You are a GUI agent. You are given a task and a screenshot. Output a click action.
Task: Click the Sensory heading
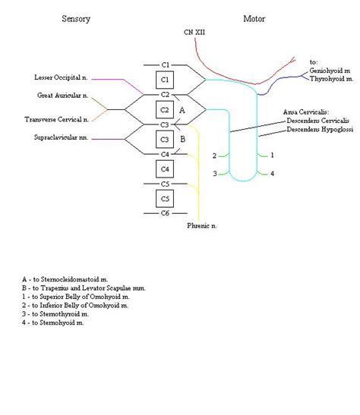coord(77,17)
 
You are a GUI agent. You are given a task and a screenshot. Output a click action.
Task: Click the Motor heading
coord(254,17)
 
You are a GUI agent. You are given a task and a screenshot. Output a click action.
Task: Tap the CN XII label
coord(193,33)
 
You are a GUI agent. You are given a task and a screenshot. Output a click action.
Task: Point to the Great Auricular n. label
coord(63,96)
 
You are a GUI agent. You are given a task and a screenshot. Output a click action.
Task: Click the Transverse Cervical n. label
coord(57,119)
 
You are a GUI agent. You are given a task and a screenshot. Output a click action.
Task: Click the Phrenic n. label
coord(202,225)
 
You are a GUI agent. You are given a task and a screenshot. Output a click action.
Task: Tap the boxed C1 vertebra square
coord(166,80)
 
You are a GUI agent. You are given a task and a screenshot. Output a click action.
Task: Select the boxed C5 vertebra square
coord(166,198)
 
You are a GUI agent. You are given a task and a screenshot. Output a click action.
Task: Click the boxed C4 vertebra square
coord(166,168)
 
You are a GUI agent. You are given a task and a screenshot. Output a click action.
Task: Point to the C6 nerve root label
coord(166,213)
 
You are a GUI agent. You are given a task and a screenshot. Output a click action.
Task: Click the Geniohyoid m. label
coord(332,71)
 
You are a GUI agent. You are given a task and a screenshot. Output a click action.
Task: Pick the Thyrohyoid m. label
coord(332,79)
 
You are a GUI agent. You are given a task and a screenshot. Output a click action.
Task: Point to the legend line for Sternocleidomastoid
coord(69,280)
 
